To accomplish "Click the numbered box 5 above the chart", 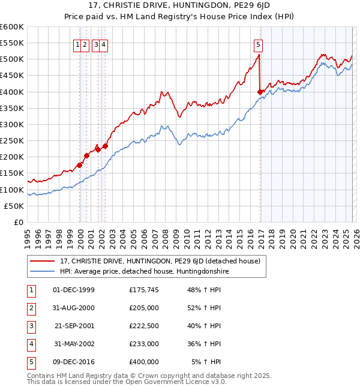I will (258, 44).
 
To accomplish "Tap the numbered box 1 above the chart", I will (78, 44).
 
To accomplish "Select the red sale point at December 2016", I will (260, 92).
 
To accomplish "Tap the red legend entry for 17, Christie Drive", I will (160, 261).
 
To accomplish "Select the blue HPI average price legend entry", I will (145, 272).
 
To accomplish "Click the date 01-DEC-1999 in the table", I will (74, 290).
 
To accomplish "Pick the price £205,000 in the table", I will (143, 308).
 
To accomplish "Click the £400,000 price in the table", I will (143, 362).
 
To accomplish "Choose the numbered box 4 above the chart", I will (104, 44).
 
